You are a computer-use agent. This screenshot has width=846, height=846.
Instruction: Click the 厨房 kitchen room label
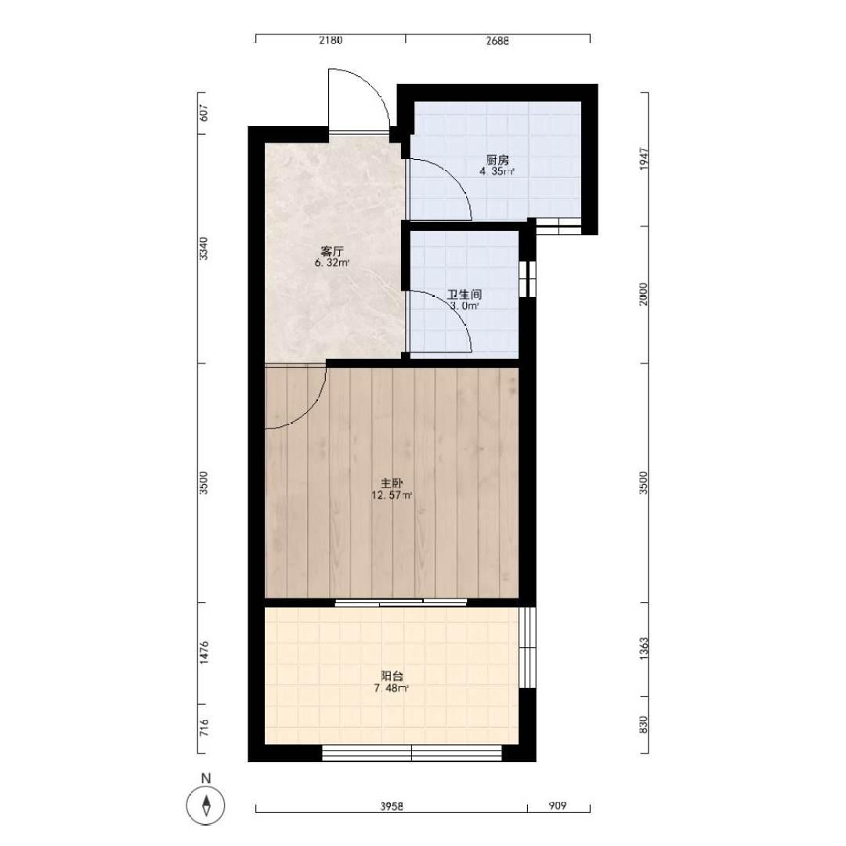tap(497, 161)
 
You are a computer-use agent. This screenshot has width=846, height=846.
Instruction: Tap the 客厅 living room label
tap(332, 251)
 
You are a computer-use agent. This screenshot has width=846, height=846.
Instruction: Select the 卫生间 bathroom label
tap(464, 295)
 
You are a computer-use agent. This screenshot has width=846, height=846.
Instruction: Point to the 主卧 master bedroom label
tap(392, 483)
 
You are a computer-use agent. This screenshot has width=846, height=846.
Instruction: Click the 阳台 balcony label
tap(392, 676)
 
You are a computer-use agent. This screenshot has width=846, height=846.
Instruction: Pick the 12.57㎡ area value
tap(392, 495)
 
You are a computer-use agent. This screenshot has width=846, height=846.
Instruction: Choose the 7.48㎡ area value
tap(392, 689)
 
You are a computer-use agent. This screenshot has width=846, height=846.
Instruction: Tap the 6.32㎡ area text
tap(332, 264)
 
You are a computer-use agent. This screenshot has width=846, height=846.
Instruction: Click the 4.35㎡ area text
tap(497, 172)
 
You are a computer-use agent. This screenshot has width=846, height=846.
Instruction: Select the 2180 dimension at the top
tap(331, 40)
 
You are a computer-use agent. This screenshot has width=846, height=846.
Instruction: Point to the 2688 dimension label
tap(497, 40)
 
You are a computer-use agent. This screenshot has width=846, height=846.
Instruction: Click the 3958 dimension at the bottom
tap(392, 806)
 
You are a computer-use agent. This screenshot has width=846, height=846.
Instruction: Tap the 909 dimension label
tap(558, 806)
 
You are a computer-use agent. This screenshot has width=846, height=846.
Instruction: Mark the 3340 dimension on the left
tap(204, 248)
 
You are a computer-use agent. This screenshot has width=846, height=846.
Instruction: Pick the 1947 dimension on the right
tap(644, 159)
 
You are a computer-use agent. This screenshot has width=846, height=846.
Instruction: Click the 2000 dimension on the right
tap(644, 294)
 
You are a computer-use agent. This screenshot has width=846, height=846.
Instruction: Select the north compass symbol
tap(205, 806)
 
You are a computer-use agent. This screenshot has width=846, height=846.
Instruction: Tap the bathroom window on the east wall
tap(528, 279)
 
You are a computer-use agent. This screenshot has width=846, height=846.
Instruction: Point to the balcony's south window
tap(412, 753)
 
